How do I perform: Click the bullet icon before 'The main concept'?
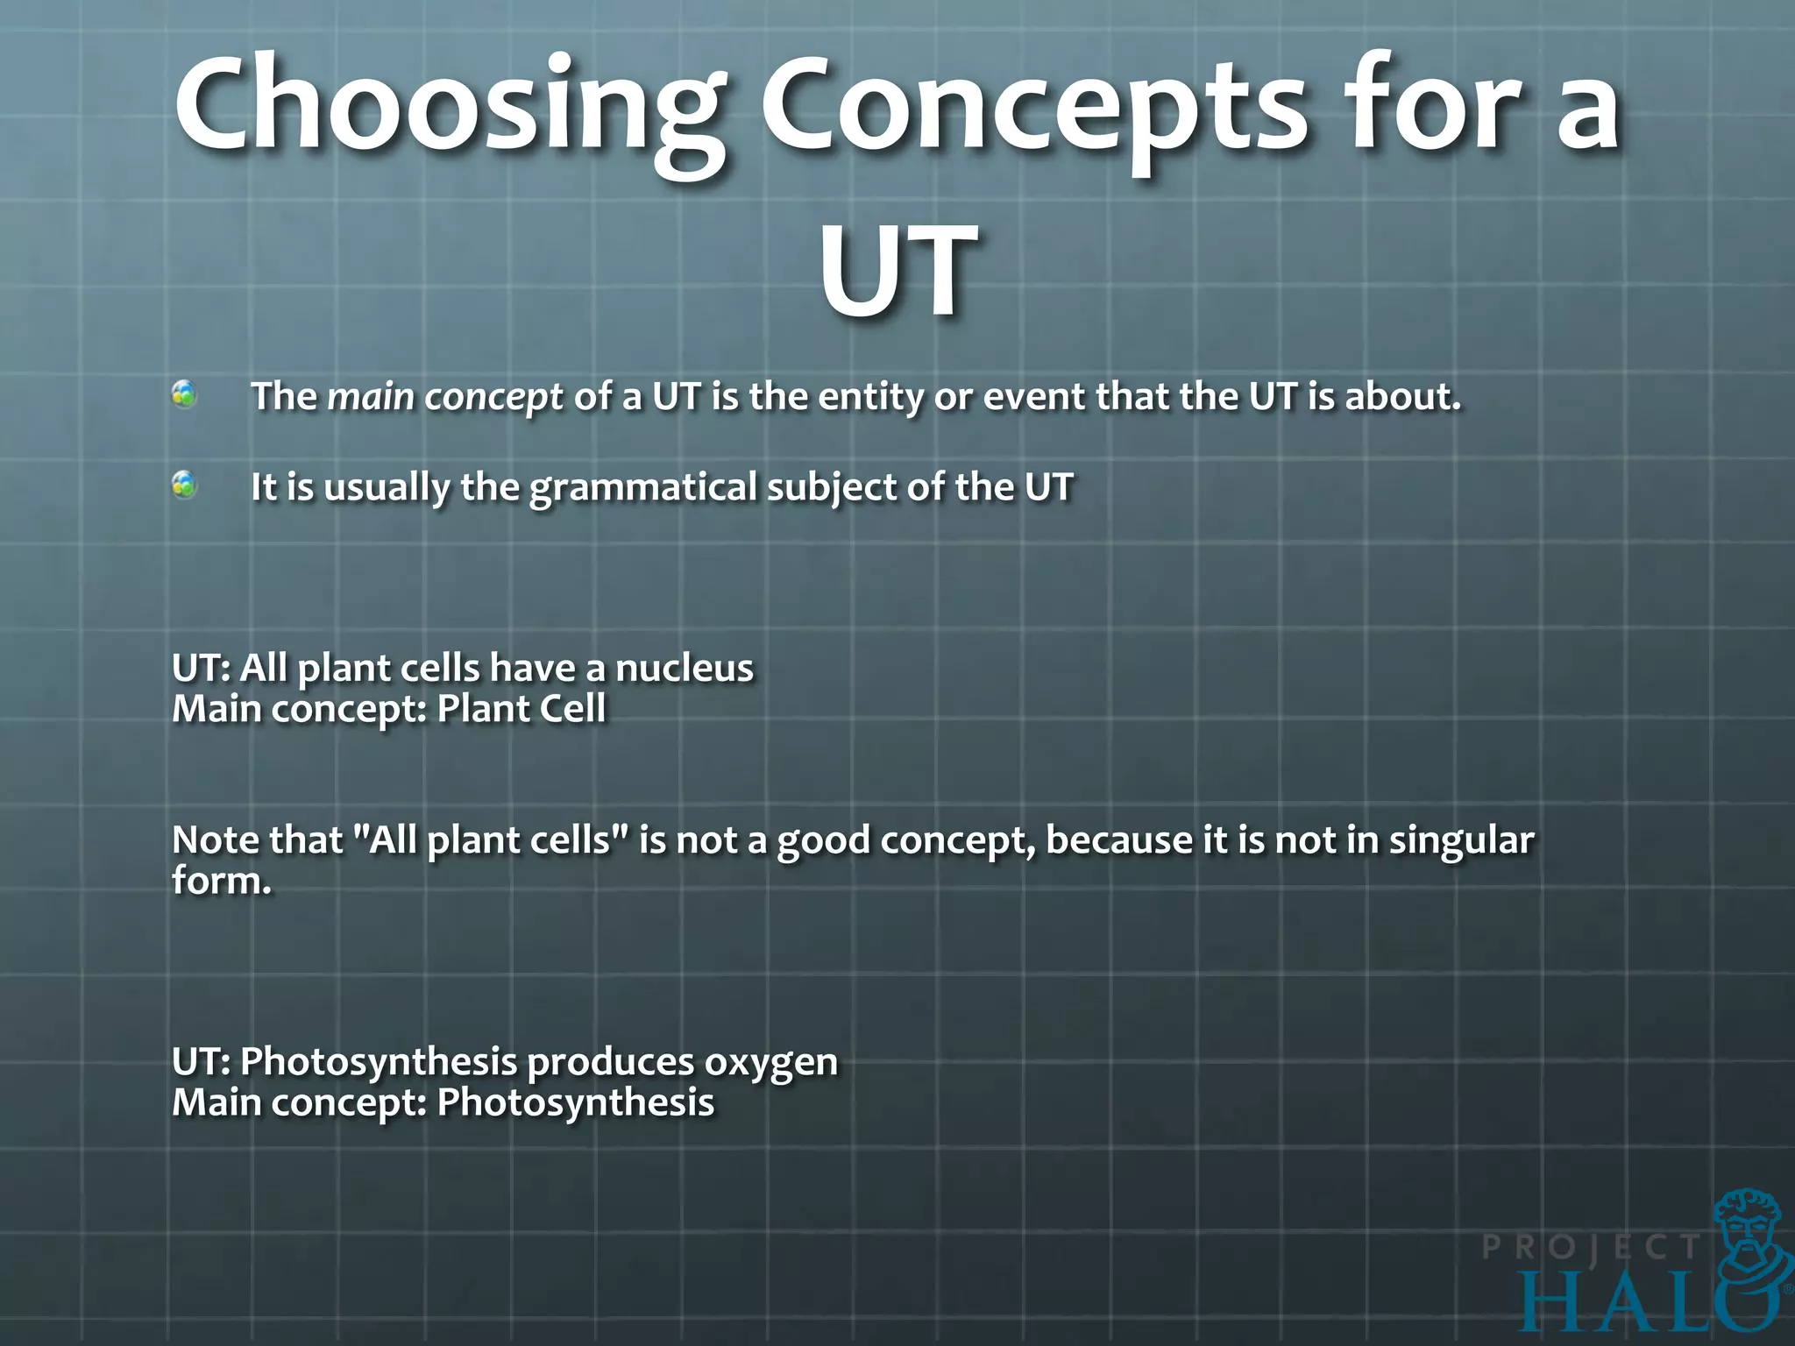184,395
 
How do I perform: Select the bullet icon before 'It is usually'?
184,485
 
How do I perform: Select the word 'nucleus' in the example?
684,668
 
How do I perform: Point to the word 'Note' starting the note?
214,839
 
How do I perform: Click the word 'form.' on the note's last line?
222,880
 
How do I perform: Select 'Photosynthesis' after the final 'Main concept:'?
576,1102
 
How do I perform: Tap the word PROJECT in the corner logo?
1591,1247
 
